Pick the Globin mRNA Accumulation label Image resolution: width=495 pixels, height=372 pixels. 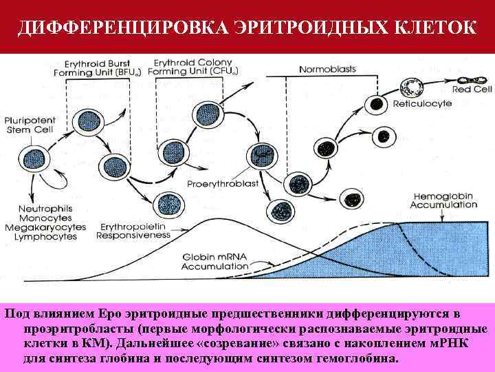coord(216,260)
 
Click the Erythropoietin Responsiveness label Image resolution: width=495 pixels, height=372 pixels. coord(133,230)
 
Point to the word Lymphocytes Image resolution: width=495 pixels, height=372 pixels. coord(45,236)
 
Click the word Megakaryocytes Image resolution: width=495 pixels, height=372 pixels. coord(52,227)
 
